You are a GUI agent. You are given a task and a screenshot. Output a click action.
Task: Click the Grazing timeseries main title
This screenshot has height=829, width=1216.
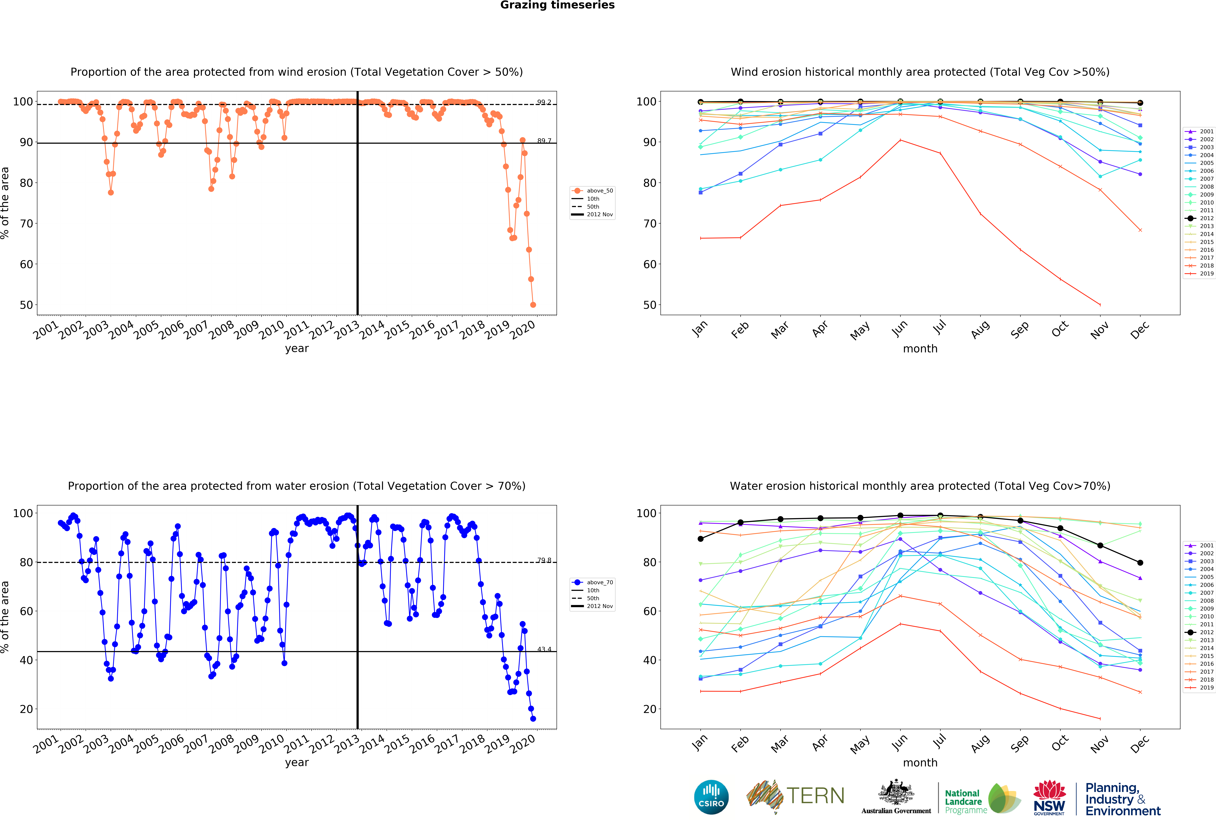557,5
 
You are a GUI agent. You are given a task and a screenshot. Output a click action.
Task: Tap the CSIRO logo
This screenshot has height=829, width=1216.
711,797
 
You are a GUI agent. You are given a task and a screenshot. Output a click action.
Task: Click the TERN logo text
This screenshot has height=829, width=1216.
815,796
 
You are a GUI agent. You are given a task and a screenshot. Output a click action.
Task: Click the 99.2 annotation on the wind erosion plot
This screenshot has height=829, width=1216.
544,102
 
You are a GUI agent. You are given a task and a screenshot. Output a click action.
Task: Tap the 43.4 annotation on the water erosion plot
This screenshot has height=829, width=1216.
544,649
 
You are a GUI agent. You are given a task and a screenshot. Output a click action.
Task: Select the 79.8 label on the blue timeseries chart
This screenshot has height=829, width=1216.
544,560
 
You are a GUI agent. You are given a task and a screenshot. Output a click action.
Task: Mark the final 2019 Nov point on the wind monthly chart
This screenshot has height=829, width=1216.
1100,305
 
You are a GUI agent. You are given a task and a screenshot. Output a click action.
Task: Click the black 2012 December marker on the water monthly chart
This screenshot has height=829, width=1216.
1140,563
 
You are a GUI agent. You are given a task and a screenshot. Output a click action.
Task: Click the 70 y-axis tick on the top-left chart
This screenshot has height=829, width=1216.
26,224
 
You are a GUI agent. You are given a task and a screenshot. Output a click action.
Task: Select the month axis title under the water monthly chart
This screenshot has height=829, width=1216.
920,763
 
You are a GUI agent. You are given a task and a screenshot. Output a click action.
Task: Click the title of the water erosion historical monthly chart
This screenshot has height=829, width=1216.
920,486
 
